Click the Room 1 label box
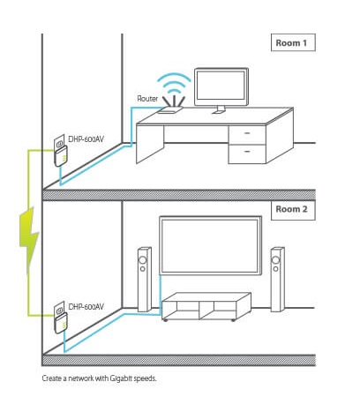293,42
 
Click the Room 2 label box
293,210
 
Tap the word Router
147,99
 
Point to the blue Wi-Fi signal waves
174,84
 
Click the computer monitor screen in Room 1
221,86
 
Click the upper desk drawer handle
247,133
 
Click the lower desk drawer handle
247,151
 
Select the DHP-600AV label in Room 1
86,139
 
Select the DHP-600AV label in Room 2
86,306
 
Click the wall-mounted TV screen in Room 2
211,245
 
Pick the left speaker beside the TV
145,280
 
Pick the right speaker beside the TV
277,280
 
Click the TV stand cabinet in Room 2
206,306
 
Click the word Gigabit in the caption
121,378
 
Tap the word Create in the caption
52,378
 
